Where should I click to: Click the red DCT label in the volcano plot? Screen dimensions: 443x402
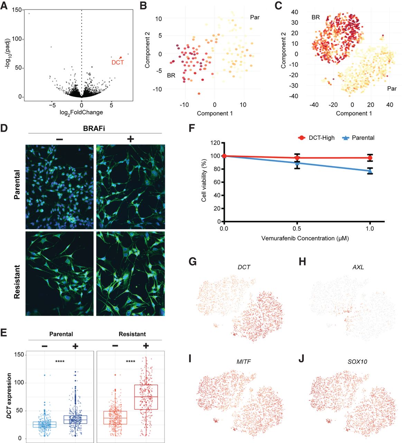pos(117,63)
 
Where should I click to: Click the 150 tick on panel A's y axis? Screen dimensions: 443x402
pos(16,10)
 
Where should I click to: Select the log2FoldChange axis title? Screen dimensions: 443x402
pos(81,112)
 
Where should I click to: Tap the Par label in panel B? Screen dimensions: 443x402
pos(254,17)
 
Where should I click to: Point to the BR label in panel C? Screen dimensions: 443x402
pos(316,17)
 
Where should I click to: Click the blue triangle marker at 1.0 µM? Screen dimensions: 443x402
pos(370,171)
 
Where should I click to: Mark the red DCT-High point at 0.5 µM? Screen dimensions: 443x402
pos(297,158)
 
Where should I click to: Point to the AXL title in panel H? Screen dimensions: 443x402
pos(358,267)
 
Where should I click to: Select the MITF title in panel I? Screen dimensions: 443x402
pos(244,362)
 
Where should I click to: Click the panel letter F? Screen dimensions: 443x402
pos(193,128)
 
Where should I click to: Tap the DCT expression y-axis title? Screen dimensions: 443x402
pos(9,396)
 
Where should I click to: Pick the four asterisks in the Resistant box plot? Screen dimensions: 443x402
pos(131,362)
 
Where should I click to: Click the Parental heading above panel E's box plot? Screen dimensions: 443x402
pos(61,334)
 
